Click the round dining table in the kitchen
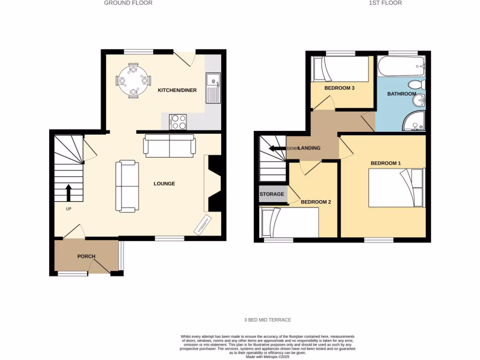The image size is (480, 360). [x=134, y=81]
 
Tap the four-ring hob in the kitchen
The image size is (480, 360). [x=178, y=122]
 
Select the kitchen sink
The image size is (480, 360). [x=213, y=88]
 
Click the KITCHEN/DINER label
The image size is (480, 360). [x=177, y=90]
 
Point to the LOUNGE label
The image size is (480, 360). [x=164, y=184]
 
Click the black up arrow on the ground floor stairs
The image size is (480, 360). [x=68, y=192]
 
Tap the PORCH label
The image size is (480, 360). [x=86, y=256]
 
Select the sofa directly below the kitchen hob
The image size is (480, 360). [x=169, y=145]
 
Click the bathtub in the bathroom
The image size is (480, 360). [x=401, y=67]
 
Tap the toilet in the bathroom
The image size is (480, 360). [x=416, y=85]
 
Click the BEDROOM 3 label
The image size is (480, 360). [x=339, y=88]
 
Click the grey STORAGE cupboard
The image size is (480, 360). [x=272, y=194]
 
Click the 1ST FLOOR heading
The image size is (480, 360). [x=385, y=3]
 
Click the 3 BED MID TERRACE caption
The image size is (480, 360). [x=268, y=320]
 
